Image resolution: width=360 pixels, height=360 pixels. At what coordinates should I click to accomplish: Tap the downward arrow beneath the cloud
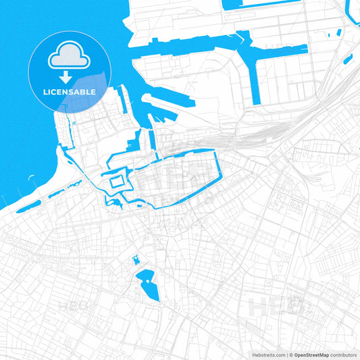click(70, 76)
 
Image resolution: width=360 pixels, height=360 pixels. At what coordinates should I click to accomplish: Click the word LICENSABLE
click(70, 91)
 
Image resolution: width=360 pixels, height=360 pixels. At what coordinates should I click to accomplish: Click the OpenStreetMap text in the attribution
click(310, 355)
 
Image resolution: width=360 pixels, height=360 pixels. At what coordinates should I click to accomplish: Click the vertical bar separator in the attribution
click(287, 355)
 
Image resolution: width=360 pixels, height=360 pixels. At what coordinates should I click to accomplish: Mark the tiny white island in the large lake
click(145, 277)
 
